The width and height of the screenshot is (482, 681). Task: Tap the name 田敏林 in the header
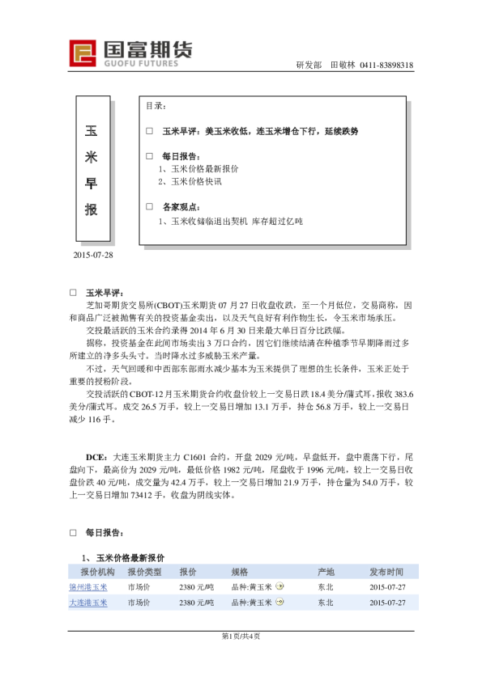coord(343,66)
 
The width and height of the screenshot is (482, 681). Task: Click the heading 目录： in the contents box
coord(156,107)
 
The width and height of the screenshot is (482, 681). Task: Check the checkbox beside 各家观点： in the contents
coord(149,206)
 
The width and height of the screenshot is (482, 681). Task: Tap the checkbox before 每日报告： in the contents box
coord(149,155)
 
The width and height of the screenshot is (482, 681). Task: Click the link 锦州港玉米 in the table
coord(87,587)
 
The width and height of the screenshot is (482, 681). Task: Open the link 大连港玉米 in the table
coord(87,603)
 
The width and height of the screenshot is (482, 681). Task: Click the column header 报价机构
coord(88,572)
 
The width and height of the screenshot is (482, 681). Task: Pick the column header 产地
coord(326,572)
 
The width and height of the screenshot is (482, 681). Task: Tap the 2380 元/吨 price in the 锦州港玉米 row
coord(196,587)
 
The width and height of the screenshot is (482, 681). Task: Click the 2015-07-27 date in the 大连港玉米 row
coord(387,603)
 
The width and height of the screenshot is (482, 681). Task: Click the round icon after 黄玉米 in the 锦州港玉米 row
coord(279,587)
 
